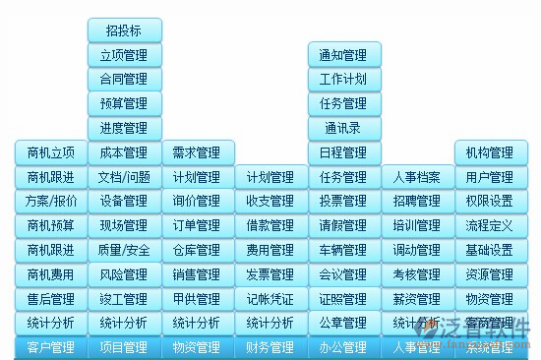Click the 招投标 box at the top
coord(124,30)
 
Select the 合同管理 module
coord(124,80)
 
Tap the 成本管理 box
coord(124,152)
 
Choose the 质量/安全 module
coord(124,250)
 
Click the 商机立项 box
coord(51,152)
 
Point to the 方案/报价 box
coord(51,201)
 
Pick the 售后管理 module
coord(51,298)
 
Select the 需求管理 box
coord(197,152)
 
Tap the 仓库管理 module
coord(197,250)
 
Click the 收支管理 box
coord(270,201)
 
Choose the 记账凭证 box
coord(270,298)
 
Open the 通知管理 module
coord(343,55)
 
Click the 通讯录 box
coord(343,128)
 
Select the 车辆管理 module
coord(343,250)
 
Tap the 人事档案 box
coord(417,177)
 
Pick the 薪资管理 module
coord(417,298)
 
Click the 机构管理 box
coord(490,152)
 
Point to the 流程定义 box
coord(490,225)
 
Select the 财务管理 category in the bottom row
coord(270,347)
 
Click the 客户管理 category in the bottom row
coord(51,347)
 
